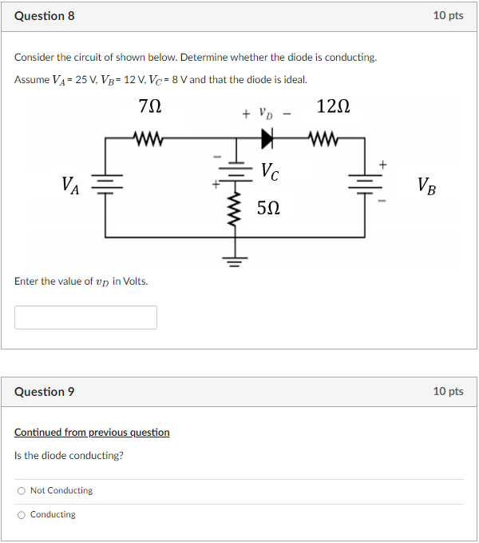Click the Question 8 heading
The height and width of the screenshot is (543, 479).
click(x=45, y=16)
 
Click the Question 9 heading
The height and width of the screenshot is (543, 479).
click(x=45, y=391)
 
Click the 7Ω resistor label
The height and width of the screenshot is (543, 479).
click(x=149, y=106)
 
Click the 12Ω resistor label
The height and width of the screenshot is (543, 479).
click(x=333, y=106)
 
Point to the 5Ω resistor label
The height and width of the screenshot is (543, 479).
click(x=268, y=209)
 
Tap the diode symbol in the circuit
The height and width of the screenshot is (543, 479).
click(x=266, y=138)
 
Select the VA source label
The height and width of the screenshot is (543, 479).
click(x=70, y=186)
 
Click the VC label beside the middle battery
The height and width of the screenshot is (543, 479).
click(x=270, y=170)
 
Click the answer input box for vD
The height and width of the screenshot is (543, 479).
click(x=85, y=317)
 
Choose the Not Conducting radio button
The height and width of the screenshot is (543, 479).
click(x=22, y=490)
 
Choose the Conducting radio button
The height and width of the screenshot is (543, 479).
click(x=22, y=514)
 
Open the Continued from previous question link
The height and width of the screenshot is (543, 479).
click(x=92, y=433)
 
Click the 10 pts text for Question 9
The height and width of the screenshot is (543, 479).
click(x=448, y=391)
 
